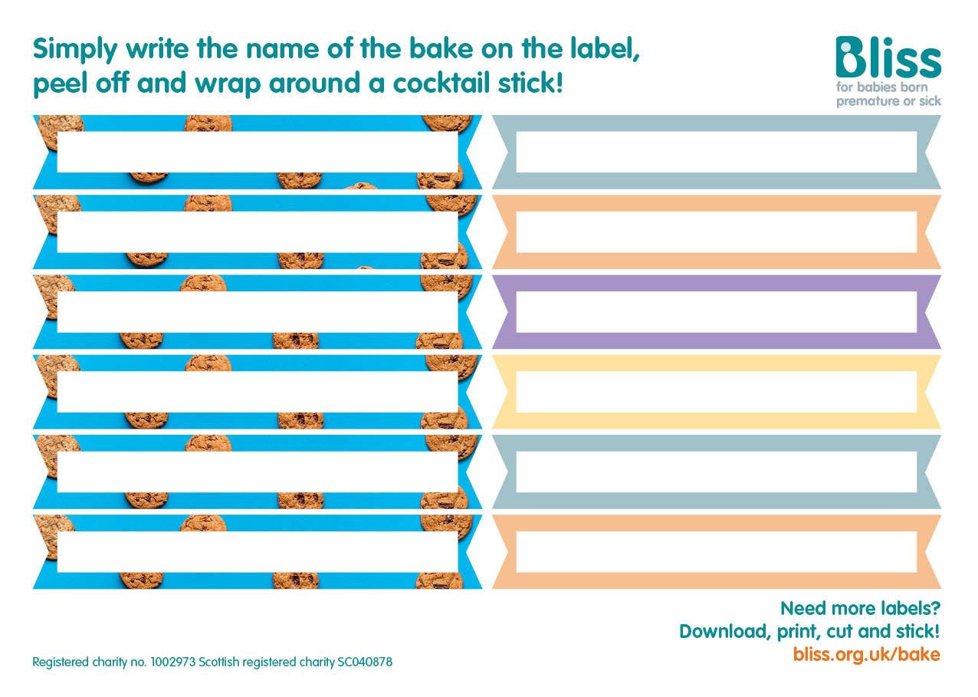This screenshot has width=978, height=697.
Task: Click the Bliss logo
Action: [888, 58]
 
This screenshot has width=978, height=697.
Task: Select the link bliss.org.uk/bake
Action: [866, 654]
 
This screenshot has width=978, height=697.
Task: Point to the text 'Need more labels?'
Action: [860, 608]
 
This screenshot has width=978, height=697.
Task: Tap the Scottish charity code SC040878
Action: [364, 662]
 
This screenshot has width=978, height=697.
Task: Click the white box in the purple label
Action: [716, 311]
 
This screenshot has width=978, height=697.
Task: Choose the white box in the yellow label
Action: [716, 391]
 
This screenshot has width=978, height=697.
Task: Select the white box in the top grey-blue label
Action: [716, 152]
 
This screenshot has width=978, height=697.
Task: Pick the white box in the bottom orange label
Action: [716, 551]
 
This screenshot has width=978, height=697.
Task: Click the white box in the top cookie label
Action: [257, 152]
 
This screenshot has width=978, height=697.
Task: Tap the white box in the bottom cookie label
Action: [257, 551]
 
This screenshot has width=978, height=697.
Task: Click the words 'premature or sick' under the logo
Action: [888, 101]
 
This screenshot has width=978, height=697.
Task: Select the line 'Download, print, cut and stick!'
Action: [809, 631]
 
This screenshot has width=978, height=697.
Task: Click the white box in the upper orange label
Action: [716, 232]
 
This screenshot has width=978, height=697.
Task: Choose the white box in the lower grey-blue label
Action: [716, 472]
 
